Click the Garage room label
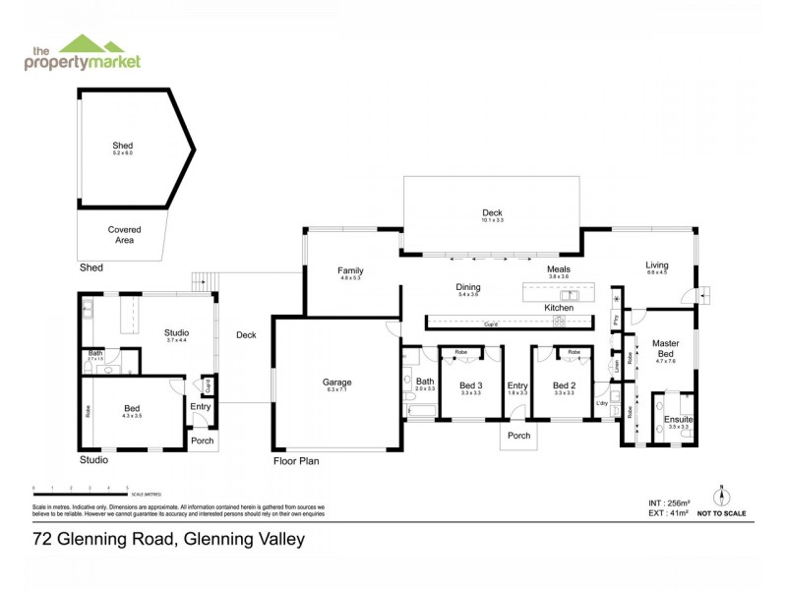(x=336, y=383)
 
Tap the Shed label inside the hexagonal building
(x=122, y=146)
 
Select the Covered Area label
(x=124, y=234)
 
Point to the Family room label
(x=351, y=270)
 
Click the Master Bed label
(x=665, y=348)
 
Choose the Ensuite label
(x=678, y=420)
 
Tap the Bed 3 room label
(x=471, y=385)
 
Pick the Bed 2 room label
(x=564, y=385)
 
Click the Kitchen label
(x=559, y=308)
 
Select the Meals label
(x=559, y=269)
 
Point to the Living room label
(x=656, y=265)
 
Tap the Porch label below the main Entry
(x=518, y=436)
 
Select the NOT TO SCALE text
(x=721, y=513)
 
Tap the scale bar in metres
(x=81, y=489)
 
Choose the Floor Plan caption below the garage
(x=296, y=460)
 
